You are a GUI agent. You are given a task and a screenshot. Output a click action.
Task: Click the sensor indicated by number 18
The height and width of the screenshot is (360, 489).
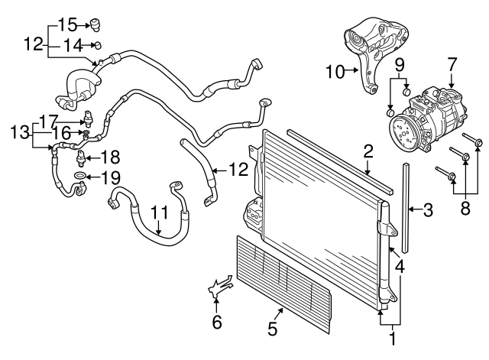click(x=80, y=158)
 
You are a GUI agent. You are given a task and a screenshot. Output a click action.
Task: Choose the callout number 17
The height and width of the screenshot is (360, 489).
click(x=49, y=120)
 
